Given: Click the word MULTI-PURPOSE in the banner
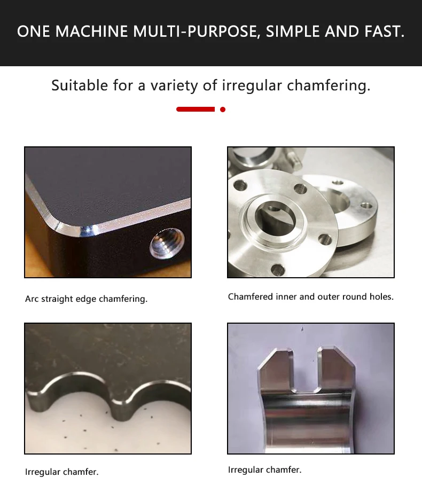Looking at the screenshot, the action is [196, 32].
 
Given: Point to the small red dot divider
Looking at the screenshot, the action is [223, 109].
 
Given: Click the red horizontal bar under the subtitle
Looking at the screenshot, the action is [196, 109].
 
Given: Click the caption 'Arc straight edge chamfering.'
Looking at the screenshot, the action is [86, 299].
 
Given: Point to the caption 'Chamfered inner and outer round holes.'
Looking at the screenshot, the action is [310, 297].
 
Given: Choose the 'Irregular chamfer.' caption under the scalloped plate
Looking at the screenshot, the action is [61, 472].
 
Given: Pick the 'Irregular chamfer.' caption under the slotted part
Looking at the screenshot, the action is [264, 469].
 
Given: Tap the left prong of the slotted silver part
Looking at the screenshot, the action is [276, 370].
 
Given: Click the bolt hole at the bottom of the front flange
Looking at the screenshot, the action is [278, 270].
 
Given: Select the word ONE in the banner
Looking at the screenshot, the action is [33, 32].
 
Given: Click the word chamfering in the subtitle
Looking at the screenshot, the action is [329, 86].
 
